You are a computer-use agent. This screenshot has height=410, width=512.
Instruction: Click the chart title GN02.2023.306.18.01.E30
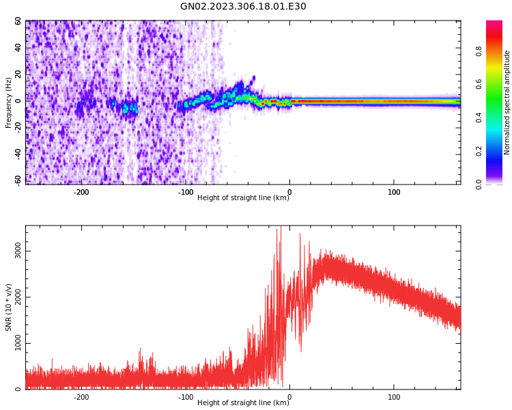243,7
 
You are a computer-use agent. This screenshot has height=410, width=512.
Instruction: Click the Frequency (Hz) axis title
9,102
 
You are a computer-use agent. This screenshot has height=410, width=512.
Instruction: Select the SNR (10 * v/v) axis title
9,307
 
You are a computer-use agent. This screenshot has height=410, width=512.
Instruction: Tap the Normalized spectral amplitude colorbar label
507,102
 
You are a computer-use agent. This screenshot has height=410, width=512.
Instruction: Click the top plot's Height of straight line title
243,198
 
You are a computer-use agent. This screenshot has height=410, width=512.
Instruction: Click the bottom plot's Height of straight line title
243,403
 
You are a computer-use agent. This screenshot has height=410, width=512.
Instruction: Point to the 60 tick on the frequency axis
18,21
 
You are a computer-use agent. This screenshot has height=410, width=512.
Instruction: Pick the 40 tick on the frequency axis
18,48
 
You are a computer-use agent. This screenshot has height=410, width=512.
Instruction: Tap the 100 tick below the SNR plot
394,397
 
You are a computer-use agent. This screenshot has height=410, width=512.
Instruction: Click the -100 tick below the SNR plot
186,397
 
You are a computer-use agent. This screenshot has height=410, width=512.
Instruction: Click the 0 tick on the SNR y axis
18,389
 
